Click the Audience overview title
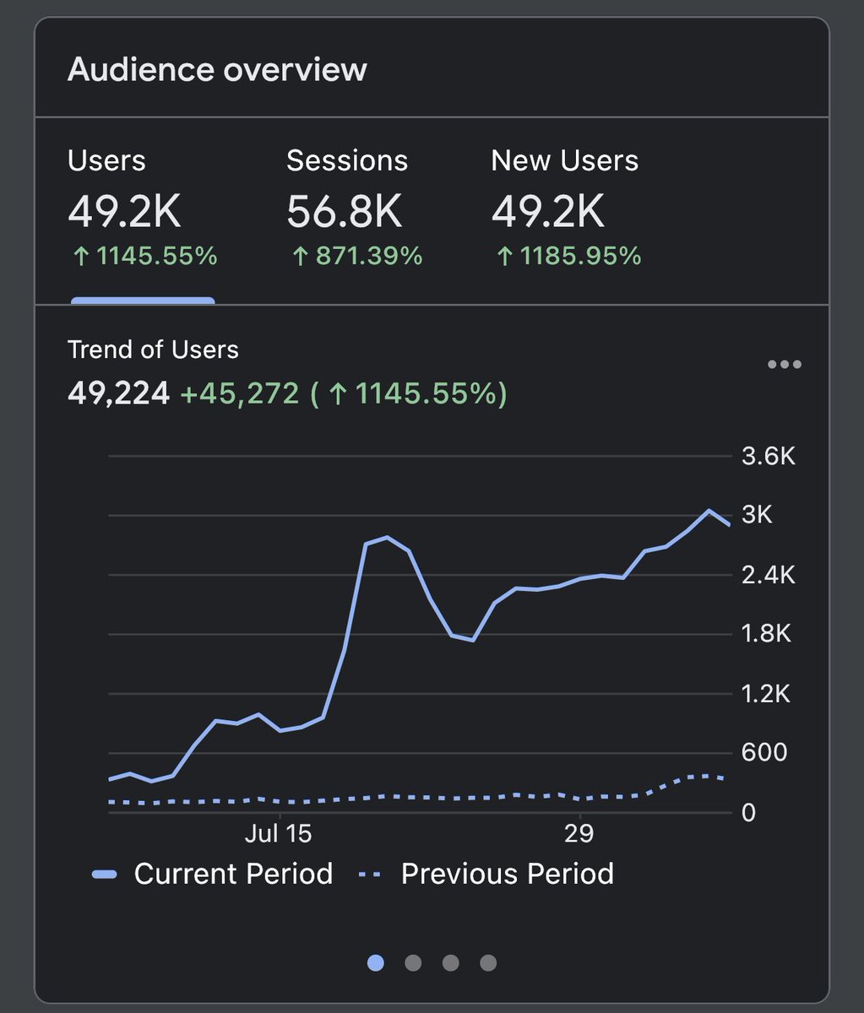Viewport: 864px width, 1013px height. (x=217, y=69)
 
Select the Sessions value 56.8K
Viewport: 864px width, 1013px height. (x=344, y=212)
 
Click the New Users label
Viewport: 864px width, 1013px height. (x=564, y=160)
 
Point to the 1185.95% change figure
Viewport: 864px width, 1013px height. (x=568, y=256)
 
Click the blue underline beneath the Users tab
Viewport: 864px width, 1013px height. (x=143, y=300)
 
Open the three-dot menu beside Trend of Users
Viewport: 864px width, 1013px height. (x=784, y=365)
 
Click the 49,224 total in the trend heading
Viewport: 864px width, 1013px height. (x=118, y=393)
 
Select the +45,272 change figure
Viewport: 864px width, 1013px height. (x=240, y=393)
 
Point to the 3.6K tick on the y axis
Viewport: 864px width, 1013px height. (x=769, y=457)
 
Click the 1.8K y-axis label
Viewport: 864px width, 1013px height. (x=766, y=634)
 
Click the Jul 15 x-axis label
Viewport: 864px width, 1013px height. (x=278, y=834)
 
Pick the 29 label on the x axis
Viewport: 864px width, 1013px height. (x=579, y=834)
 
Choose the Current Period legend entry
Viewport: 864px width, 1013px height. (x=213, y=874)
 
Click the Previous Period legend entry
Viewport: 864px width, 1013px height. (x=486, y=874)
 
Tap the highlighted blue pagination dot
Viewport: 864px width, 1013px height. (x=376, y=962)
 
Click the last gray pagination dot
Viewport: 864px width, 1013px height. (x=488, y=962)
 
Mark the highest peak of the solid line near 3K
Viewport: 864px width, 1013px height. (x=709, y=511)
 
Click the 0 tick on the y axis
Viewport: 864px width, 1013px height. (x=748, y=812)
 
